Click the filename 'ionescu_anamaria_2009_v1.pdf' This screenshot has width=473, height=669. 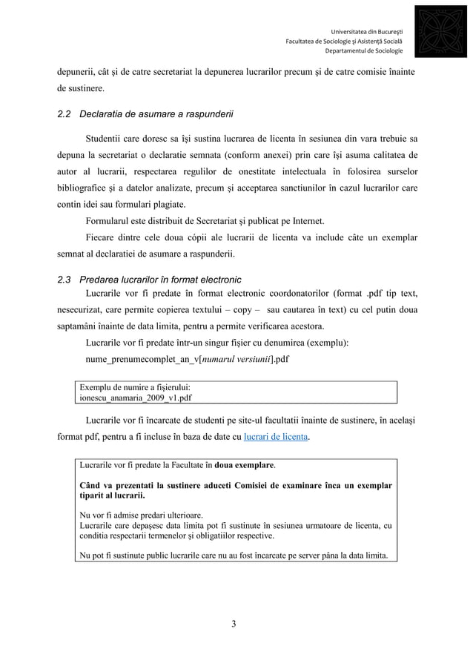coord(135,398)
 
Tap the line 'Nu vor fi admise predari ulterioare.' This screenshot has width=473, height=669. coord(142,515)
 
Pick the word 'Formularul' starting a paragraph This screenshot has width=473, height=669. coord(109,221)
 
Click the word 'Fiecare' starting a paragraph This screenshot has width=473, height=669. coord(102,237)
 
